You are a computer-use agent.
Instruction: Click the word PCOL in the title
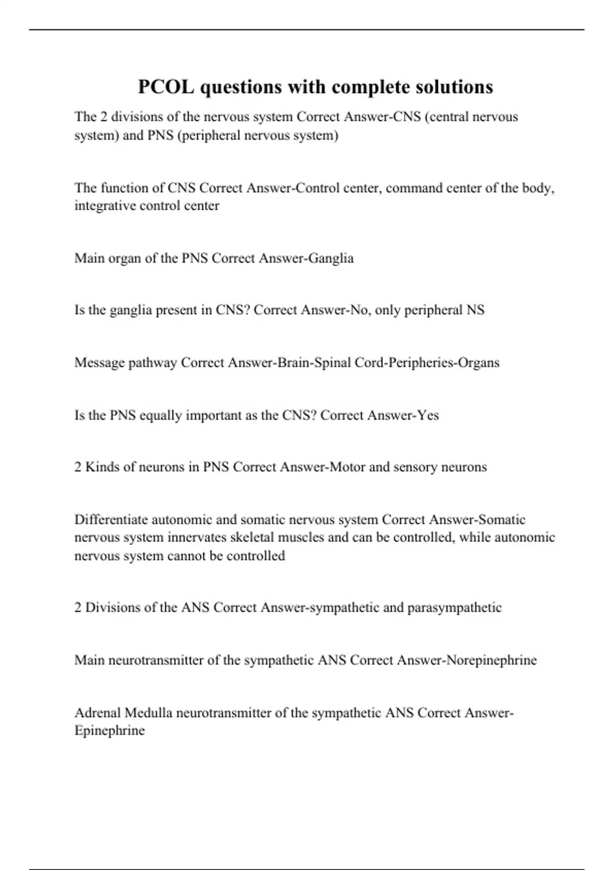coord(166,87)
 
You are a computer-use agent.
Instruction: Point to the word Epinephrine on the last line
coord(109,730)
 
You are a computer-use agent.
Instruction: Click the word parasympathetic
coord(454,607)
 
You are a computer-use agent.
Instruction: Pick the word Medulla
coord(148,712)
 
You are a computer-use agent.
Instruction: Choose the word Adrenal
coord(97,712)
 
